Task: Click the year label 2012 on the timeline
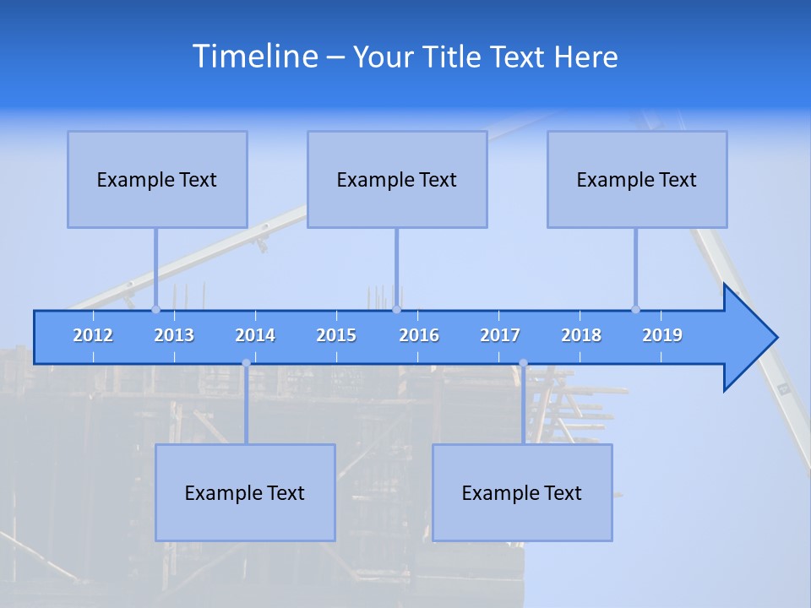point(93,335)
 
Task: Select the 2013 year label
point(174,335)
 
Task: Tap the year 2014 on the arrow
point(255,335)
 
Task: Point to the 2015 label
point(336,335)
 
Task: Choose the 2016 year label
point(419,335)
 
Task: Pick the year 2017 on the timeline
point(500,335)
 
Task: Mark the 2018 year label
point(581,335)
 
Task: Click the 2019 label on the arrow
point(662,335)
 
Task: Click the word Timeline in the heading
point(254,57)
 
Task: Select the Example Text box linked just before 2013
point(157,179)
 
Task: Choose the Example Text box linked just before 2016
point(397,179)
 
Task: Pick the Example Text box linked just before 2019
point(637,179)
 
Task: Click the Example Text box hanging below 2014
point(245,492)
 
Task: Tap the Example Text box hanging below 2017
point(522,492)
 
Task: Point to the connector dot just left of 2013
point(155,309)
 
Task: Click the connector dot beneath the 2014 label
point(246,363)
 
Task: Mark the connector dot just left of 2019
point(635,309)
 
